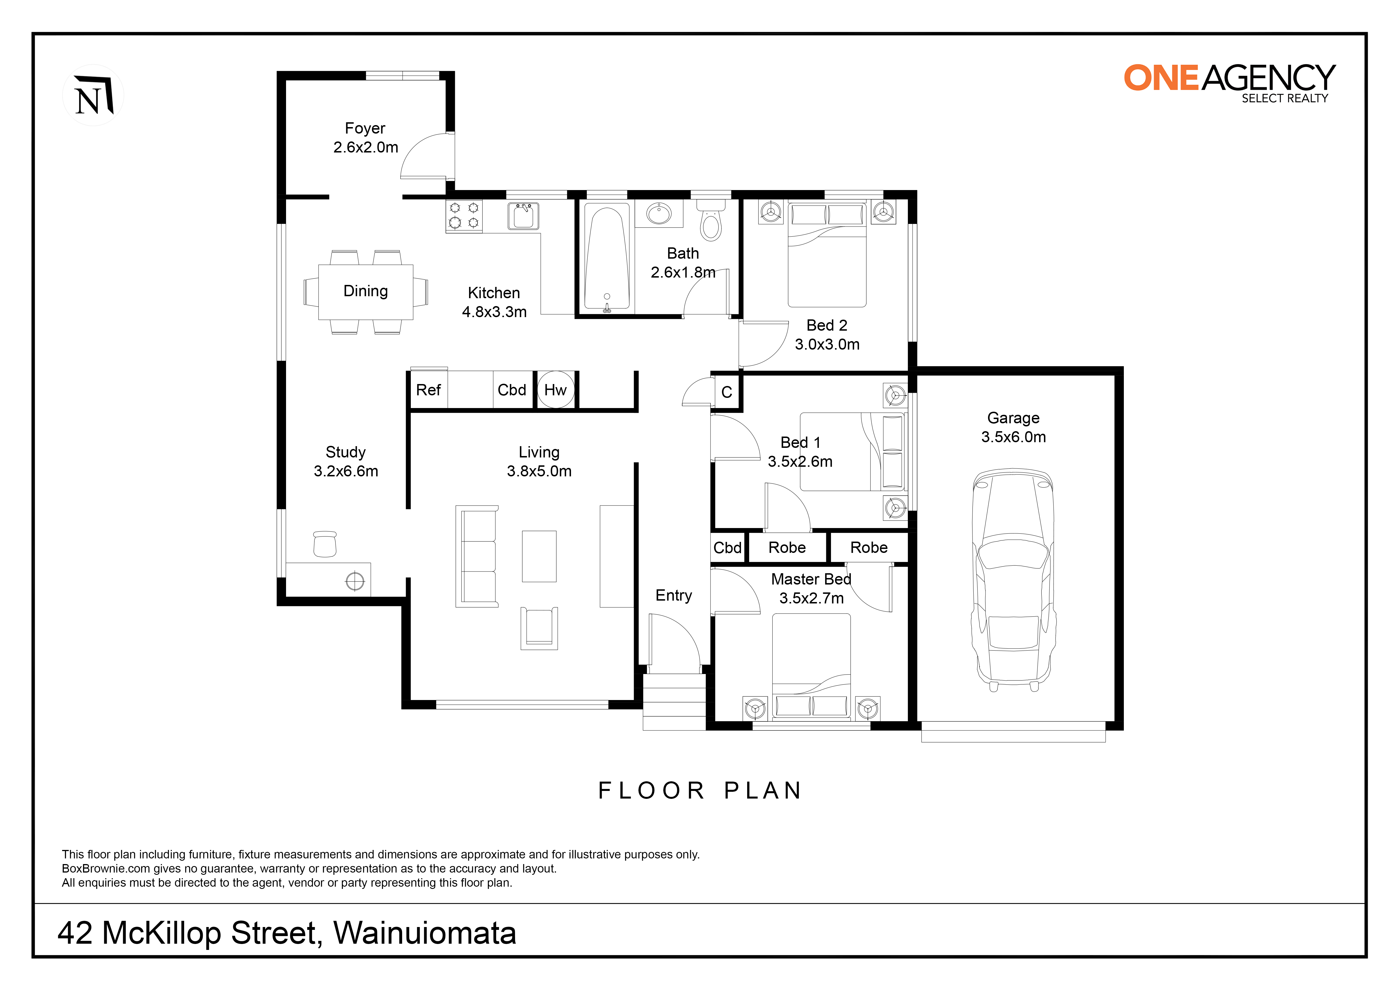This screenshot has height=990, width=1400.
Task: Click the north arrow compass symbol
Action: [93, 95]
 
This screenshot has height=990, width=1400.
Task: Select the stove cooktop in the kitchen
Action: [464, 216]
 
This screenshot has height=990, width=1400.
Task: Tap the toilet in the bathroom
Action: [711, 219]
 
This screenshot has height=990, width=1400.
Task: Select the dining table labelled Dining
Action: [366, 292]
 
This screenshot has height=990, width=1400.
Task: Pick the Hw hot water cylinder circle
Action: [555, 390]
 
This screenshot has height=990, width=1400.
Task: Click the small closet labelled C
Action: [727, 392]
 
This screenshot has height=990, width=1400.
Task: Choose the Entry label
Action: [674, 596]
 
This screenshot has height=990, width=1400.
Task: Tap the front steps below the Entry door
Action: [674, 702]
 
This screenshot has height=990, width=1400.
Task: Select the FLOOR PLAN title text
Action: [700, 791]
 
